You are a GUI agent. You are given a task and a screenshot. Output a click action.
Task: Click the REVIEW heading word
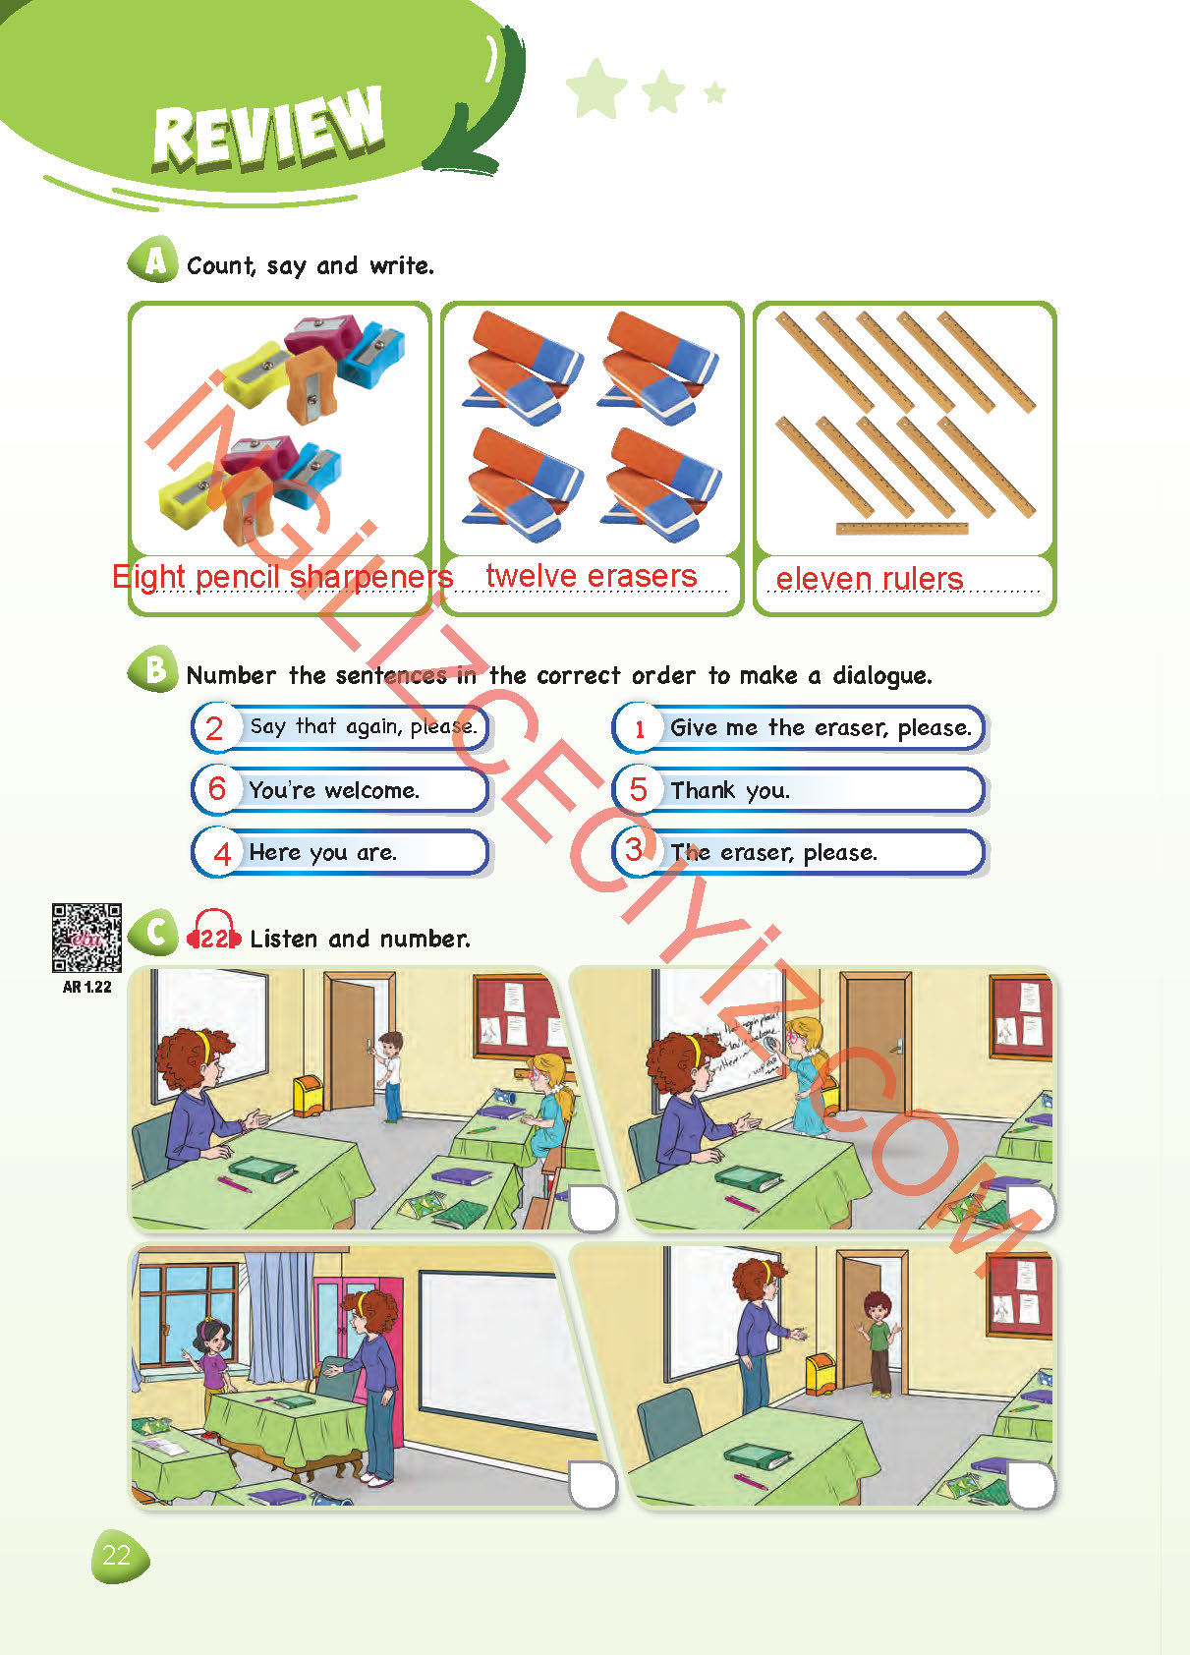(x=268, y=127)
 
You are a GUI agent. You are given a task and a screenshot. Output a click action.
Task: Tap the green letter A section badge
(x=153, y=260)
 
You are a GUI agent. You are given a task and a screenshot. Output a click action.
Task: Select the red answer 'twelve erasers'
(x=591, y=576)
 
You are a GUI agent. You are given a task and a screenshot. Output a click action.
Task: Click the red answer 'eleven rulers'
(x=870, y=579)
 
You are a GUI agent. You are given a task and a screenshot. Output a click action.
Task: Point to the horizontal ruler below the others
(x=902, y=529)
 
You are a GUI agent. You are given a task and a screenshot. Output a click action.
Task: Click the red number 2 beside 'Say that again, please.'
(x=214, y=728)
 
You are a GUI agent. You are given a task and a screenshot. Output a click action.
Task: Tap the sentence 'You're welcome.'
(x=334, y=790)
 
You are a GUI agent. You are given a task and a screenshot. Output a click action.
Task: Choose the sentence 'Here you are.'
(x=322, y=853)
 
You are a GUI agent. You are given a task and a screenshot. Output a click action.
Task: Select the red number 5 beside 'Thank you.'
(x=638, y=789)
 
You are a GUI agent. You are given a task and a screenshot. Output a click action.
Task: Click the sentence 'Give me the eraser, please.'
(x=821, y=728)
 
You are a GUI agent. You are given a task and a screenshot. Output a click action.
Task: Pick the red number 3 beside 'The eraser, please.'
(x=634, y=850)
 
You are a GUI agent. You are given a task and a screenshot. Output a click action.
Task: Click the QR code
(x=86, y=938)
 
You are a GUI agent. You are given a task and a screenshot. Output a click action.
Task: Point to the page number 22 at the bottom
(x=117, y=1556)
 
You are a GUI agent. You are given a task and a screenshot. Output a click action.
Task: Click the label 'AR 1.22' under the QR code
(x=87, y=987)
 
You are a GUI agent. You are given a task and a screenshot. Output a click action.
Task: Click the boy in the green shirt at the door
(x=878, y=1343)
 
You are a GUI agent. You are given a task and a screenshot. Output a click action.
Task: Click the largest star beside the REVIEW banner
(x=596, y=88)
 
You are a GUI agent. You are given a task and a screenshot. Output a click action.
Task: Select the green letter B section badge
(x=153, y=670)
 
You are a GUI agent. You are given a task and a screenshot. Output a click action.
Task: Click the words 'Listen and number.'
(x=360, y=940)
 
